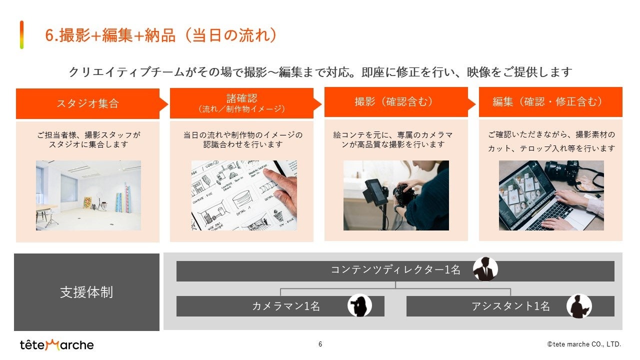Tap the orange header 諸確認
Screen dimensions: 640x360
(x=245, y=103)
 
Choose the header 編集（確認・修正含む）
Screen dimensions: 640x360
(x=550, y=102)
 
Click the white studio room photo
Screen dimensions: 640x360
(x=88, y=195)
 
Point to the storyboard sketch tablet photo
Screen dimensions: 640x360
(x=244, y=195)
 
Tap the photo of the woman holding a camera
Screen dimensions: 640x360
(x=396, y=195)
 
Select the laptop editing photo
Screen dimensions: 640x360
(x=551, y=195)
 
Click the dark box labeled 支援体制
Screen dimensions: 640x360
(x=86, y=292)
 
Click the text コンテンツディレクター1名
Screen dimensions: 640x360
(x=395, y=269)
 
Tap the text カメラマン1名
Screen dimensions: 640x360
(x=285, y=306)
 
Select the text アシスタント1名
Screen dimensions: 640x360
(x=510, y=306)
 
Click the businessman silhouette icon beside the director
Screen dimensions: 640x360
(x=485, y=269)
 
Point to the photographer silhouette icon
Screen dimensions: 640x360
(x=359, y=305)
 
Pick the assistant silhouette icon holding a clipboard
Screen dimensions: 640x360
(x=579, y=306)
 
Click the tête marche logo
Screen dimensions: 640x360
(x=56, y=345)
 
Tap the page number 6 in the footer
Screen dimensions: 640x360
(x=320, y=344)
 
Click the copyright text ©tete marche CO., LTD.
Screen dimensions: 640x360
(x=584, y=344)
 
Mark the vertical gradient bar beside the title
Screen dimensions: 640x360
(x=21, y=35)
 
